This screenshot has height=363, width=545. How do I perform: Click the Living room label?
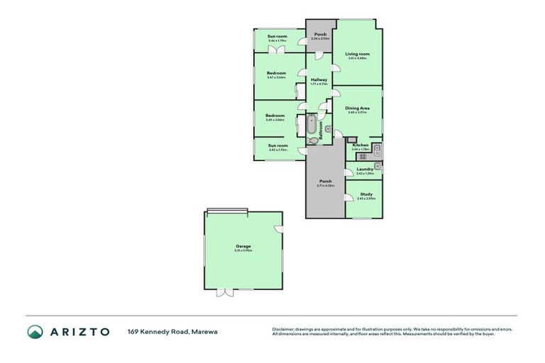(x=358, y=54)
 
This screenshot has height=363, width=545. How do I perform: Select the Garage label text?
(x=243, y=246)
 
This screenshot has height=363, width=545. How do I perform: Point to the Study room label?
(x=366, y=194)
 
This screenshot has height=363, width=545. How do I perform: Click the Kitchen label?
(x=360, y=145)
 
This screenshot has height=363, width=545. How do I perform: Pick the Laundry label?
(x=365, y=169)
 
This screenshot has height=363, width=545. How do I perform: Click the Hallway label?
(x=319, y=79)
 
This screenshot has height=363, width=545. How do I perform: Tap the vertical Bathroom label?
(x=321, y=128)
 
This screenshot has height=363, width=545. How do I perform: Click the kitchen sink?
(x=378, y=149)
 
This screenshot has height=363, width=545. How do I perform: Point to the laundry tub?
(x=379, y=167)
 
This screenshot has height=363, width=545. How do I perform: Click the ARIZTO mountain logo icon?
(x=35, y=331)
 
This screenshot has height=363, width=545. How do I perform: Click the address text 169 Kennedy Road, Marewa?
(x=172, y=331)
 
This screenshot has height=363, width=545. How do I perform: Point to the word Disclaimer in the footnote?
(x=284, y=329)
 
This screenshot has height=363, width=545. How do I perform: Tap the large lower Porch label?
(x=326, y=181)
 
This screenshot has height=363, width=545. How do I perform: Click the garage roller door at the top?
(x=227, y=210)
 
